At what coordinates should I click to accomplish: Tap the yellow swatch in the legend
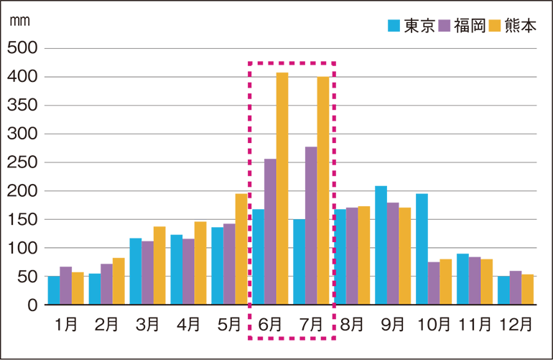pos(495,24)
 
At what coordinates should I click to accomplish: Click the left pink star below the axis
pos(250,316)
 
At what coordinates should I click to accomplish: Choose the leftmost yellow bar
pos(78,283)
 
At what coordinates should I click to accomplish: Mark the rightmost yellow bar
pos(529,284)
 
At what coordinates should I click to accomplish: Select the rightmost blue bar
pos(503,290)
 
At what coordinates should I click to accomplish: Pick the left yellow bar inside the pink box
pos(282,187)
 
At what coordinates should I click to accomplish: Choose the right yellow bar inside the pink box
pos(321,187)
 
